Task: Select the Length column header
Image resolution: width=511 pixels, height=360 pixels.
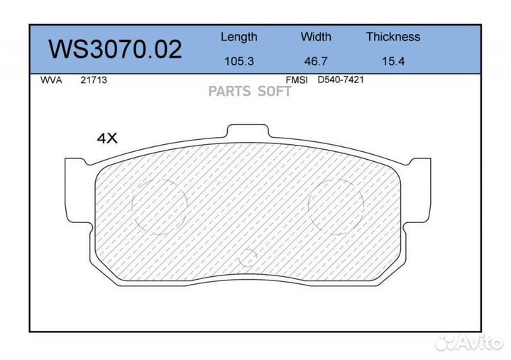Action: (x=238, y=37)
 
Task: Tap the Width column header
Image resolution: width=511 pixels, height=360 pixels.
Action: (x=316, y=37)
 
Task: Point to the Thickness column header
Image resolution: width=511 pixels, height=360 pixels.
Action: (x=392, y=37)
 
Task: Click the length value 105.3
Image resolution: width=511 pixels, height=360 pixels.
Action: (x=238, y=61)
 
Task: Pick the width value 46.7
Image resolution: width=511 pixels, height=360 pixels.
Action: (x=316, y=61)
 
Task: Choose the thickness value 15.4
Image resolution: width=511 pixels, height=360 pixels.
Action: (x=392, y=61)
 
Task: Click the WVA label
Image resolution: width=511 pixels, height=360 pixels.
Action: (x=52, y=80)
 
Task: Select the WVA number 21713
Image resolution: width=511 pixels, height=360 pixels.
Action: (x=93, y=80)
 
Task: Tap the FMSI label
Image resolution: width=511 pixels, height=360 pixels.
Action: (x=296, y=80)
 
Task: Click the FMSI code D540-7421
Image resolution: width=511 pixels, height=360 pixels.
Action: (x=341, y=80)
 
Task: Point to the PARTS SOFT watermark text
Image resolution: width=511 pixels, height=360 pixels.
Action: (x=250, y=92)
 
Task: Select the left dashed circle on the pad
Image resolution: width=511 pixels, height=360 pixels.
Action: (x=158, y=207)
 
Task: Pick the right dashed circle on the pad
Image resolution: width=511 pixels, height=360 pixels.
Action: (x=336, y=205)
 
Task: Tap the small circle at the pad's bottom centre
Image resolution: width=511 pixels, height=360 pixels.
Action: (x=248, y=258)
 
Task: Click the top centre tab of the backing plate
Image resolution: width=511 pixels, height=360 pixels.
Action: (x=248, y=133)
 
